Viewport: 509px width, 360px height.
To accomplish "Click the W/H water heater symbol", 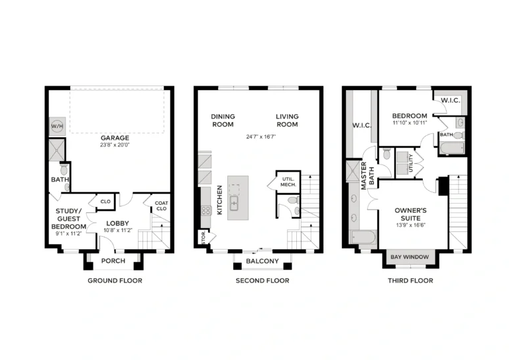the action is tap(57, 126).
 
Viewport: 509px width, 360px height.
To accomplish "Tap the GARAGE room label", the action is tap(115, 138).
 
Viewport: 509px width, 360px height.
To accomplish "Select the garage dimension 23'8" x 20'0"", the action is tap(115, 145).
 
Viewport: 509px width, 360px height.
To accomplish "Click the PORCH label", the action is tap(113, 261).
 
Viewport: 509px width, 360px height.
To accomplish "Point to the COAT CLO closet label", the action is tap(161, 206).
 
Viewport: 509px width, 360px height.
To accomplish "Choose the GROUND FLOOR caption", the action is tap(115, 280).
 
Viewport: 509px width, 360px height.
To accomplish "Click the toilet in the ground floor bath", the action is tap(64, 169).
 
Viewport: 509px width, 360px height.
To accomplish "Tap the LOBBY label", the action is tap(117, 223).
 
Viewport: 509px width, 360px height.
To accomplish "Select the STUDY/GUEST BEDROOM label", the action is tap(69, 219).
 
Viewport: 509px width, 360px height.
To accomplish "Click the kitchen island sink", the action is tap(234, 203).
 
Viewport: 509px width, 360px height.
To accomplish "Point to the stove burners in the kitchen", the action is tap(206, 211).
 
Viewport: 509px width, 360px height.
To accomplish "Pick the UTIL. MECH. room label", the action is tap(288, 182).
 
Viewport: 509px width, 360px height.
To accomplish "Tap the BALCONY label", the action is tap(262, 261).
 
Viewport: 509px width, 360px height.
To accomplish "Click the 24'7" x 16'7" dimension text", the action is tap(260, 137).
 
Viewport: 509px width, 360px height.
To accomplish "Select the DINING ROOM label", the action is tap(223, 121).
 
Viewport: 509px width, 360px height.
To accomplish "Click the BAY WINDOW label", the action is tap(410, 257).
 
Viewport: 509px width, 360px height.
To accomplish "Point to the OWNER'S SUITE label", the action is tap(411, 214).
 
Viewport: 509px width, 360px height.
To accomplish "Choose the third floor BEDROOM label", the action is tap(410, 116).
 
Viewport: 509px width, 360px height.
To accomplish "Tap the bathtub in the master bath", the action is tap(363, 237).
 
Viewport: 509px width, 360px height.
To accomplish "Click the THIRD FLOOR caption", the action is tap(410, 280).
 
